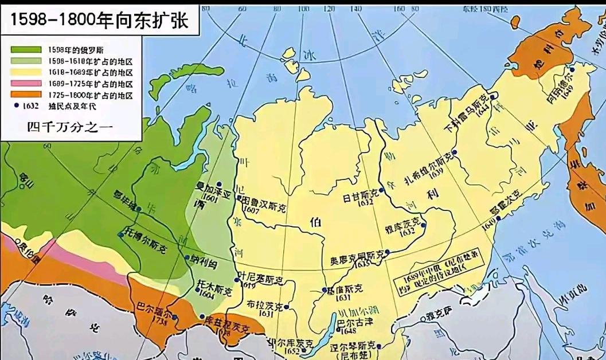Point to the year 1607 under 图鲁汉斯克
[251, 210]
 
